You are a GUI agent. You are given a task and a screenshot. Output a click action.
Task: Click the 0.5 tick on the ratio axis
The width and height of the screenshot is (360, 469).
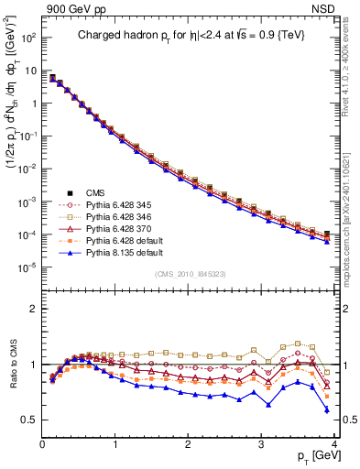(x=31, y=420)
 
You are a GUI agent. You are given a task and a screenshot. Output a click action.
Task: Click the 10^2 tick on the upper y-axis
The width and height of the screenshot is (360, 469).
(x=27, y=38)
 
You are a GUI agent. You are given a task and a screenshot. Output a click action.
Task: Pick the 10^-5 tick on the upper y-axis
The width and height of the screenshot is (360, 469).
(x=27, y=267)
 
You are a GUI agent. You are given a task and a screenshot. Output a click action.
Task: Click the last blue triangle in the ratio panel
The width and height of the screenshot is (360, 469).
(x=326, y=409)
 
